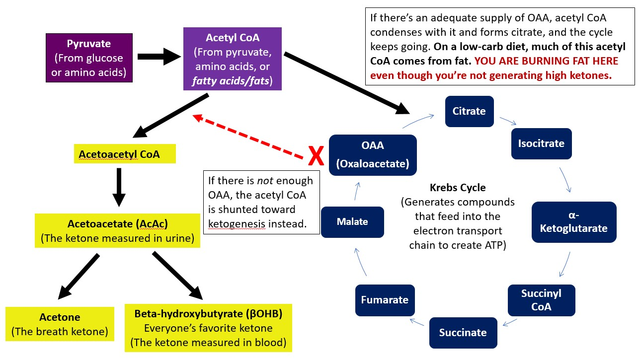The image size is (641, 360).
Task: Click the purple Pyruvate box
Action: pos(89,58)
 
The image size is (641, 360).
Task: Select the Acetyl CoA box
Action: pos(232,59)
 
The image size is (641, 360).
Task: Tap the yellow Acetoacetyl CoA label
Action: pos(119,154)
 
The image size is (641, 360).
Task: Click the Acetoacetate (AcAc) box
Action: pos(117,230)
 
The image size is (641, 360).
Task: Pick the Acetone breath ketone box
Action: pos(60,324)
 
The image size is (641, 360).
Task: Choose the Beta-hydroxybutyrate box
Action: pos(208,328)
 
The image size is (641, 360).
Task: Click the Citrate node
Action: pos(469,111)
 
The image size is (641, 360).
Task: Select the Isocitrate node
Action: pos(541,144)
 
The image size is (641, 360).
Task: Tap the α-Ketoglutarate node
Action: pos(574,221)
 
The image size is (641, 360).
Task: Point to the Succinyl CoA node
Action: pos(541,300)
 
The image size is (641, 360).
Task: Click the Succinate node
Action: pos(462,332)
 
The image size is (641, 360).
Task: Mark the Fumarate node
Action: pos(385,300)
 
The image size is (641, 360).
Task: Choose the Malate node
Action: pos(352,221)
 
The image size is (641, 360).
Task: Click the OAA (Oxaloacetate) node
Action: pos(372,154)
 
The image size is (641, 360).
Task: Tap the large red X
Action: pos(317,156)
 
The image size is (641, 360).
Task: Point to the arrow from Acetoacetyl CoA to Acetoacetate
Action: pos(118,187)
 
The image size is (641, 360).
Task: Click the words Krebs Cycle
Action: pos(458,188)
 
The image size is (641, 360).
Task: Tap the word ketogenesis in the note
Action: pos(237,223)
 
